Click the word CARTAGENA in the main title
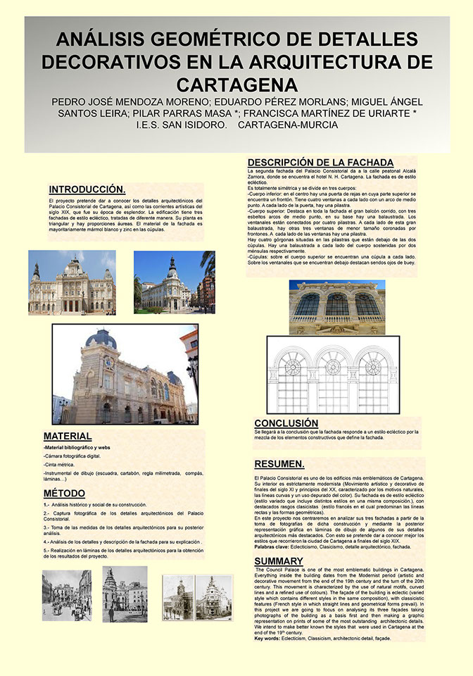pos(237,84)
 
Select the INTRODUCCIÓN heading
pos(87,189)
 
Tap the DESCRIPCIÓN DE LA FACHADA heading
pos(320,162)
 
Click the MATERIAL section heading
pos(68,436)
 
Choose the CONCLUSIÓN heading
pos(286,423)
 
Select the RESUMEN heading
pos(279,464)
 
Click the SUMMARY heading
pos(279,561)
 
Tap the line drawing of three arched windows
pos(332,378)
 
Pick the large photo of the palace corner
pos(125,374)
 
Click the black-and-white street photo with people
pos(66,595)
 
